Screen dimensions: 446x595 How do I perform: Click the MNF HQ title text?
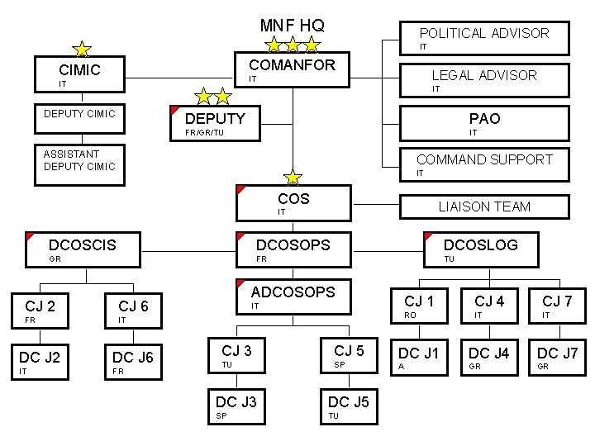pyautogui.click(x=292, y=24)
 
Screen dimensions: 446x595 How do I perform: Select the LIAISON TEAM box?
pyautogui.click(x=483, y=206)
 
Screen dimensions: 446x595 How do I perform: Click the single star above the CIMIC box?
pyautogui.click(x=83, y=50)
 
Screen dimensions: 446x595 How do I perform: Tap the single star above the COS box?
pyautogui.click(x=293, y=177)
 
